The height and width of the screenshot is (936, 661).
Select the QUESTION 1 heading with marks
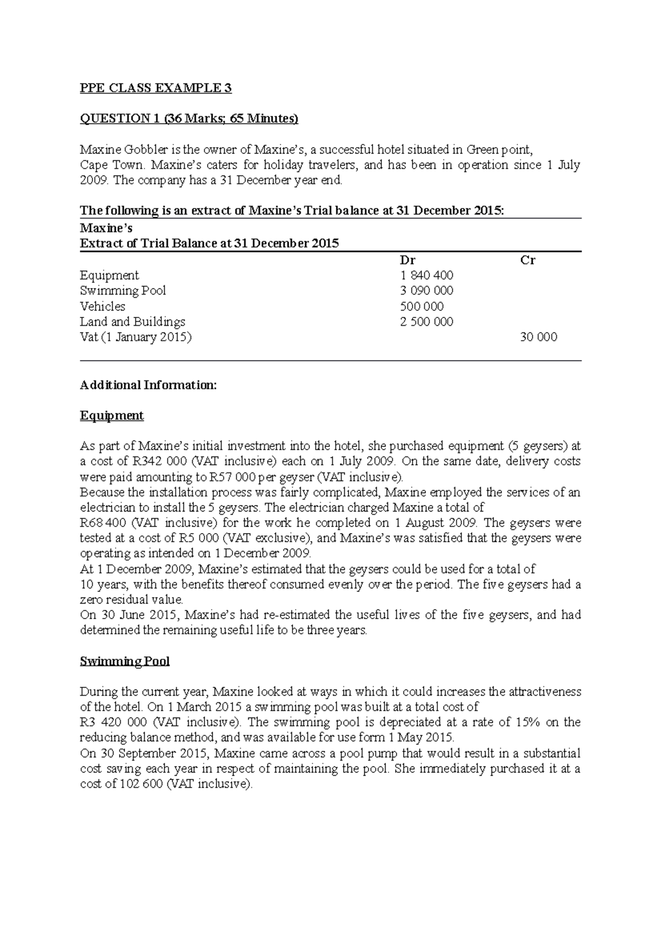click(189, 119)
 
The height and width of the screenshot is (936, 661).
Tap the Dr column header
click(407, 260)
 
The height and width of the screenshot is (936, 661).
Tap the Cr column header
click(528, 260)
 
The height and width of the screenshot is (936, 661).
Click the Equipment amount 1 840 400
click(427, 276)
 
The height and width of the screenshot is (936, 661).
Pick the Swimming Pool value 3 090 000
click(427, 291)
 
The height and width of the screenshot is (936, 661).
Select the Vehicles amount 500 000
click(422, 306)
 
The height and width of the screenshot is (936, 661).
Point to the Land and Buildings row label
click(132, 322)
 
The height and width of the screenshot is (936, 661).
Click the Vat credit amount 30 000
click(538, 337)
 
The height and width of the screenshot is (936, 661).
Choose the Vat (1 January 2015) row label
click(136, 337)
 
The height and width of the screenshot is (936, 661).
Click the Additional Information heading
click(148, 385)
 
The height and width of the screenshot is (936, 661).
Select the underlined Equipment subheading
click(112, 416)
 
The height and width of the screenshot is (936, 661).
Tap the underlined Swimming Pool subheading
click(124, 661)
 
